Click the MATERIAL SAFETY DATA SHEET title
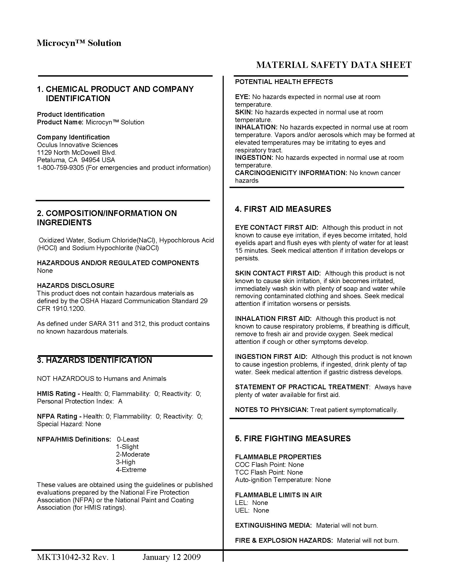pyautogui.click(x=334, y=65)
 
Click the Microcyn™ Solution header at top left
pyautogui.click(x=79, y=43)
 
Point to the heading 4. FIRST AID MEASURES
pyautogui.click(x=283, y=209)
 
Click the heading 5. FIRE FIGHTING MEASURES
pyautogui.click(x=293, y=438)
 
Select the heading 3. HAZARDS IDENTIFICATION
pyautogui.click(x=95, y=360)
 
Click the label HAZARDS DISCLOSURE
pyautogui.click(x=76, y=285)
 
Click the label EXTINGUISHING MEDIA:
pyautogui.click(x=273, y=525)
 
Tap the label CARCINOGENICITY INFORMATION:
pyautogui.click(x=291, y=173)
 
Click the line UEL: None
pyautogui.click(x=252, y=510)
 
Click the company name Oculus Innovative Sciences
pyautogui.click(x=77, y=145)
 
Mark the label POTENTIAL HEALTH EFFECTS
pyautogui.click(x=284, y=82)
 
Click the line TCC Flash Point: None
pyautogui.click(x=269, y=472)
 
